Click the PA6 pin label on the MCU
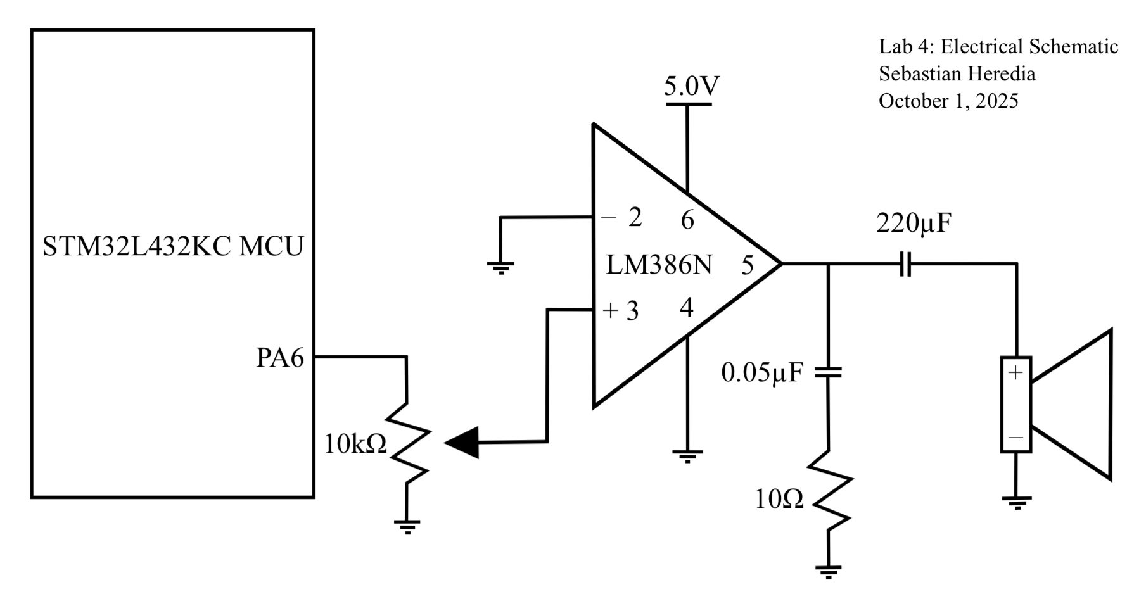279,358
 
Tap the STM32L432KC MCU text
172,246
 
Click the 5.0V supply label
691,86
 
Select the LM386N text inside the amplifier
659,265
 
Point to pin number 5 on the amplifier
748,265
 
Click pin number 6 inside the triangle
687,220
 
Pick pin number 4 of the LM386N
687,308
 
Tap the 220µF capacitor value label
914,223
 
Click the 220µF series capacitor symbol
905,263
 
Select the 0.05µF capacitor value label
761,373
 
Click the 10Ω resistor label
779,500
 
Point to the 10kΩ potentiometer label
355,445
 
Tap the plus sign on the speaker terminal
1015,373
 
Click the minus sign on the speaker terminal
1015,438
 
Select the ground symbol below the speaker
1017,503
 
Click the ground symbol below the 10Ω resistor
829,571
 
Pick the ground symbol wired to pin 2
500,268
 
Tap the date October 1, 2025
948,101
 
